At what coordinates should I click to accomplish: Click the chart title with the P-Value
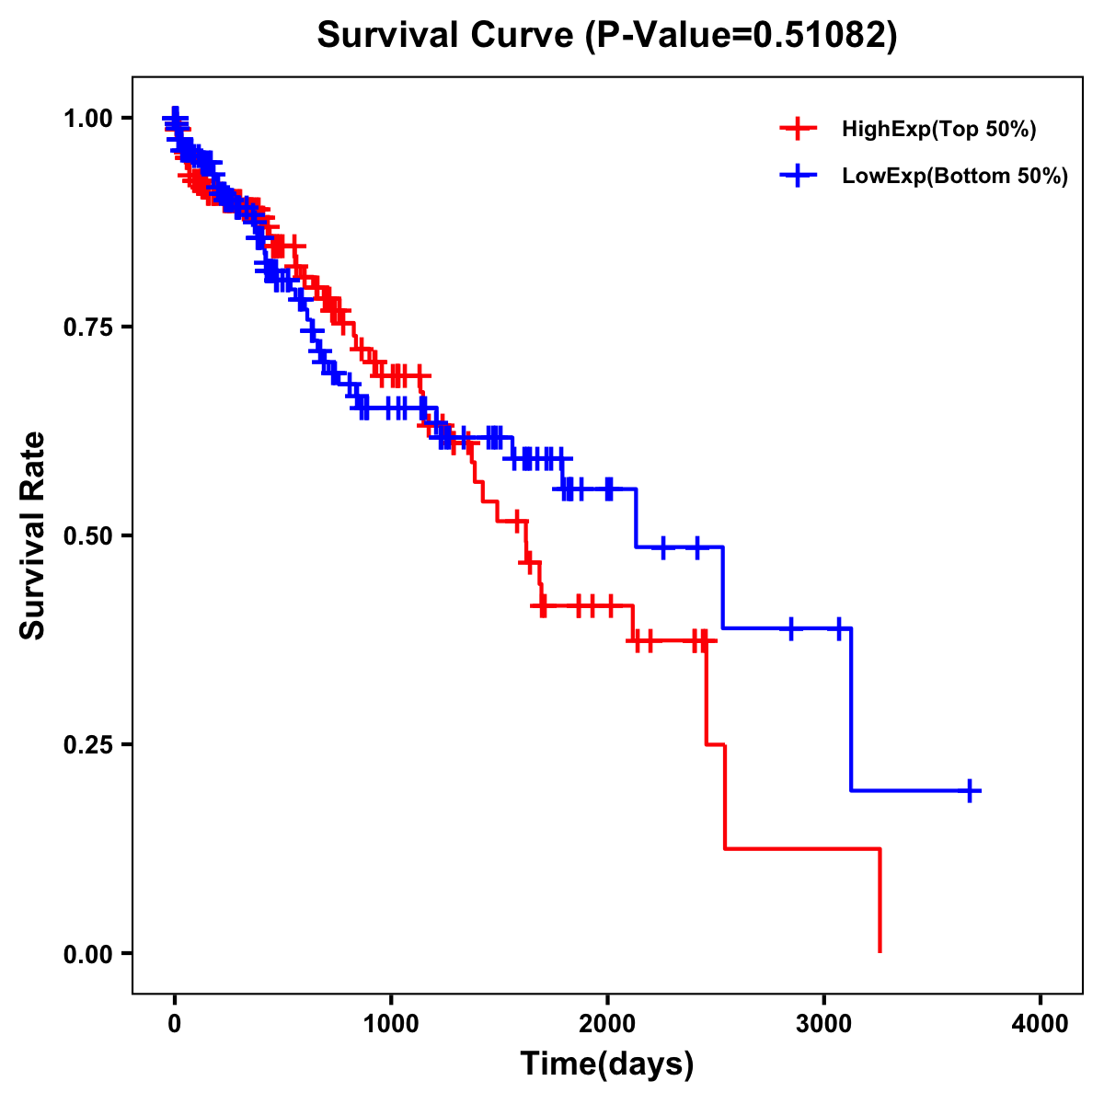[607, 35]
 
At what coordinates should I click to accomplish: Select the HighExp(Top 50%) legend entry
[938, 130]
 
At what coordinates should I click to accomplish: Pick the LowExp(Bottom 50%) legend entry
[954, 176]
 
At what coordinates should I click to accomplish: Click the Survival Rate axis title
[33, 535]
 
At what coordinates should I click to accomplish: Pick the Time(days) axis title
[607, 1065]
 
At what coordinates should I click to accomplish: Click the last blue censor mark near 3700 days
[970, 790]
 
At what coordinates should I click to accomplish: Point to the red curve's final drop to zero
[880, 902]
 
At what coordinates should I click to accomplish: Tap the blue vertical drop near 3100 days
[851, 708]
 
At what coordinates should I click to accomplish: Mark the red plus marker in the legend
[798, 129]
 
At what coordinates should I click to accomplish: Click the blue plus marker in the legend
[798, 175]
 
